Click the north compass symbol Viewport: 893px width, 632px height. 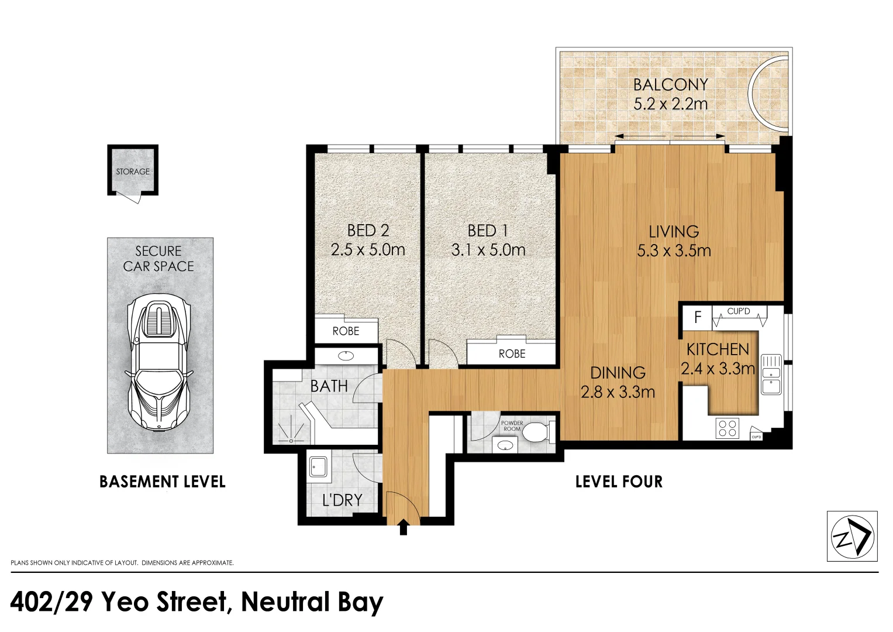[x=851, y=536]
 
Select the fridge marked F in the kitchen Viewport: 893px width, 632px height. [x=697, y=318]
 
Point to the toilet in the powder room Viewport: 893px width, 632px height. [x=536, y=432]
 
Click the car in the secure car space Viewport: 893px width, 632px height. [x=159, y=362]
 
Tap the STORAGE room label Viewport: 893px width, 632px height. [x=133, y=171]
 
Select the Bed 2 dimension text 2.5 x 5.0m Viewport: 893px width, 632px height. [x=367, y=250]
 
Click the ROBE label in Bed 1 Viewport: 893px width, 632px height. [x=512, y=353]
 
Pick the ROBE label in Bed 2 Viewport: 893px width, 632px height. [x=346, y=331]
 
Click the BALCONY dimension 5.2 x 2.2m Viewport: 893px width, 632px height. [x=670, y=104]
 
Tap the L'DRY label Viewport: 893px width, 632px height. [x=342, y=500]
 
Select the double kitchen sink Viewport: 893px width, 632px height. [x=771, y=375]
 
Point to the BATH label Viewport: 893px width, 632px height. [x=329, y=386]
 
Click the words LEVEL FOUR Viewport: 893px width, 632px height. [x=619, y=482]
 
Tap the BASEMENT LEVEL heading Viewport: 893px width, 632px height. [x=162, y=482]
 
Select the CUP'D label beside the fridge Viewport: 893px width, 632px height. [x=738, y=311]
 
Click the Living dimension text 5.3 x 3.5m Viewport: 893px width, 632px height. [x=674, y=250]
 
